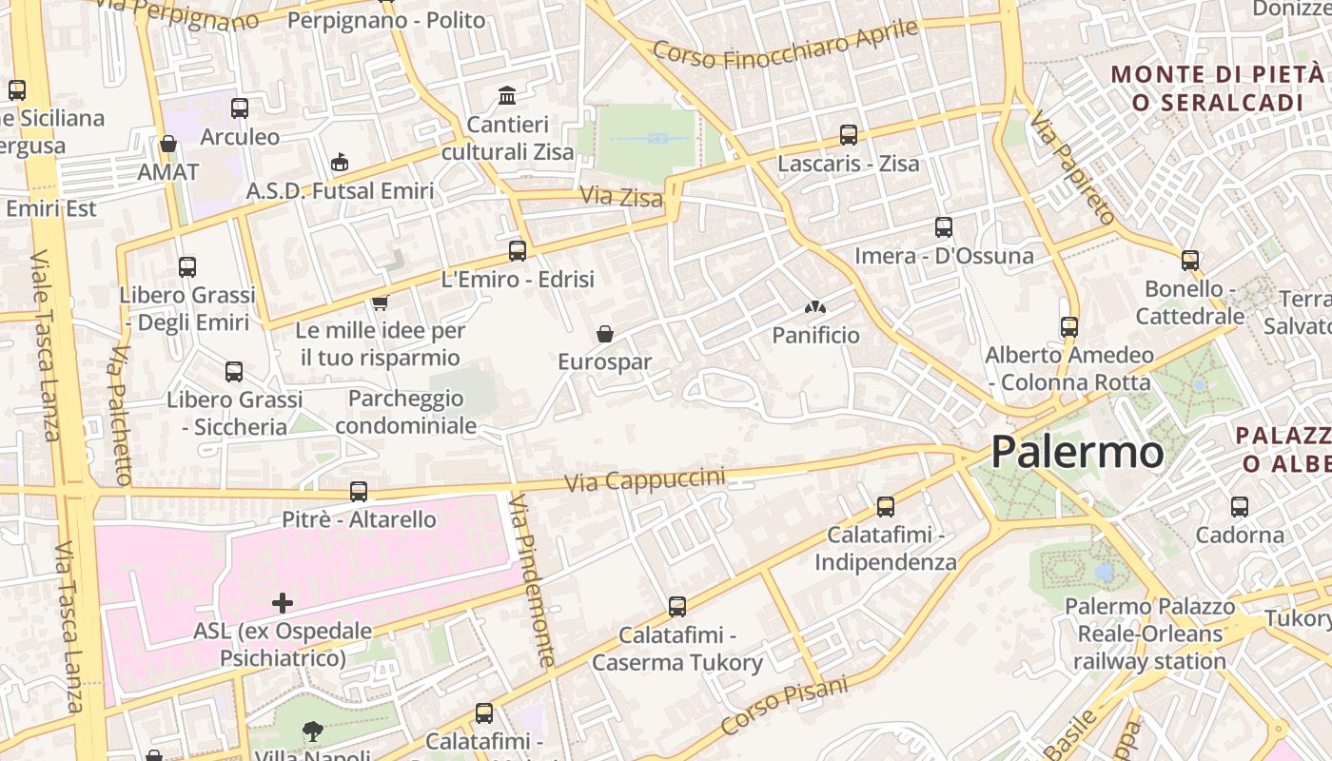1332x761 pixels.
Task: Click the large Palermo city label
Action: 1077,452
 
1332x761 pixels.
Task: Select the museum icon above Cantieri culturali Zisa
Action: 507,96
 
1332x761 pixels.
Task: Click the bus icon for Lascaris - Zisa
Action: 848,135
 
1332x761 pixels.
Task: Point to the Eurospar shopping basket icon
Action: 604,334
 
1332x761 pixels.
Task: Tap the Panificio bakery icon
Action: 814,307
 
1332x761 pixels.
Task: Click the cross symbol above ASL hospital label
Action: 283,602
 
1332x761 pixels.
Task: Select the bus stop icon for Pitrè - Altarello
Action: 359,492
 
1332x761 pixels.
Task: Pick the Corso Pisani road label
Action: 784,706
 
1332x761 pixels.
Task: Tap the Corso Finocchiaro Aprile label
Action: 786,45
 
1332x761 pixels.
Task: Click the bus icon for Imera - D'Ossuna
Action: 943,227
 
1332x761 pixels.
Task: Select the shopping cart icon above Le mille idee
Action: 380,302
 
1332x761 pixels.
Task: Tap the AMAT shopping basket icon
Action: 168,144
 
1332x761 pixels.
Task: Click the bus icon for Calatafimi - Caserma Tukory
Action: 677,606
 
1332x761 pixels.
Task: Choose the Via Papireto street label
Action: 1072,168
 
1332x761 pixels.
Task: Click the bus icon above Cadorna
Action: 1239,507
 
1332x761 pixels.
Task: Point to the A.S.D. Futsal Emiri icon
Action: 340,163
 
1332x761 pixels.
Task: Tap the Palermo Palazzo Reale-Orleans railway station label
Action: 1149,634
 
